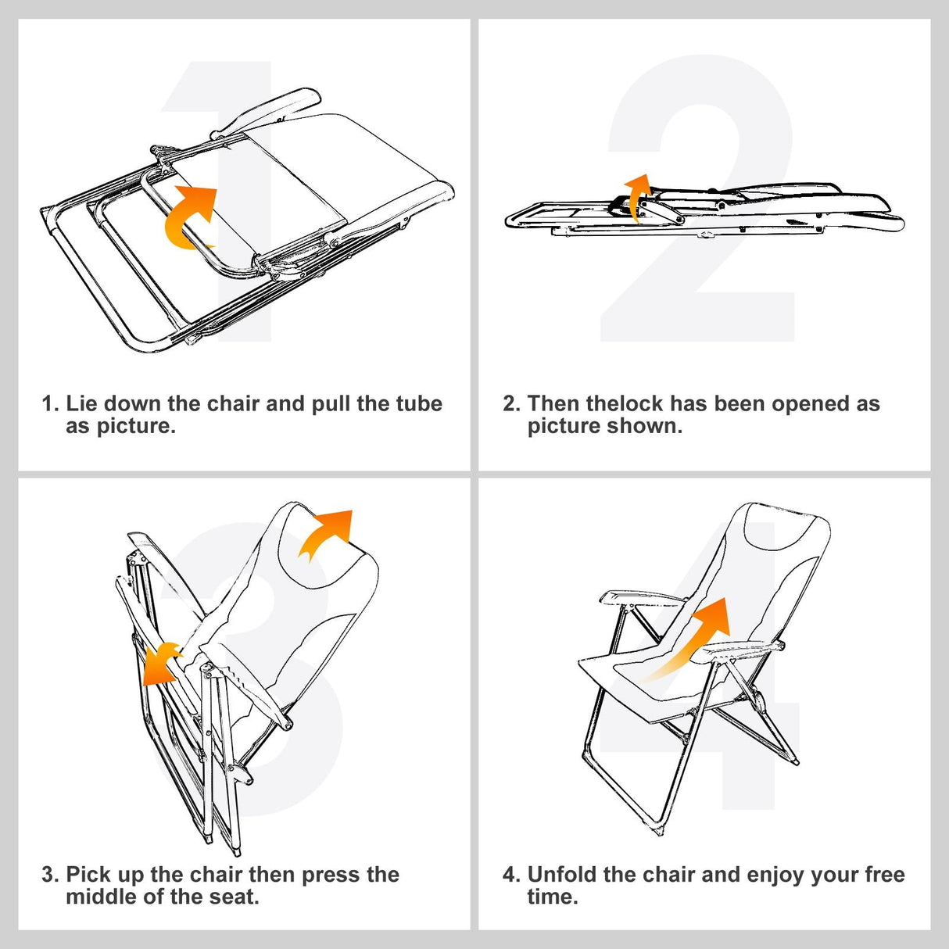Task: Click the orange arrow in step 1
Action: coord(190,217)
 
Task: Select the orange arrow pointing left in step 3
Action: coord(161,664)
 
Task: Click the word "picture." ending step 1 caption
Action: coord(136,427)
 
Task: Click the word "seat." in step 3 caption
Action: coord(235,897)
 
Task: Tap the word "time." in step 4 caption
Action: coord(553,897)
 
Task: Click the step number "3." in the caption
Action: coord(50,874)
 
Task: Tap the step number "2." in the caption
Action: coord(511,403)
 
